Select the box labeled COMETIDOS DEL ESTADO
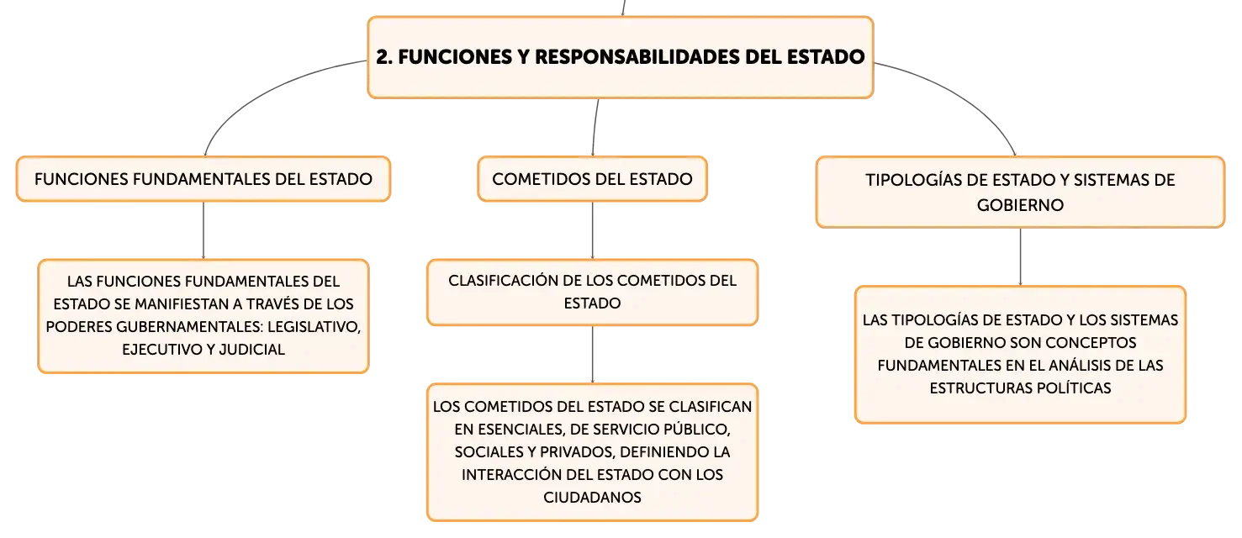pyautogui.click(x=592, y=179)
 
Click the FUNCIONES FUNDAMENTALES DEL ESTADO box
pyautogui.click(x=203, y=179)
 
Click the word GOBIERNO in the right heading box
pyautogui.click(x=1020, y=206)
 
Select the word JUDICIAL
pyautogui.click(x=251, y=350)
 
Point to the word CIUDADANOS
pyautogui.click(x=592, y=498)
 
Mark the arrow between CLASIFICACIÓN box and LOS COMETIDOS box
pyautogui.click(x=592, y=355)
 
